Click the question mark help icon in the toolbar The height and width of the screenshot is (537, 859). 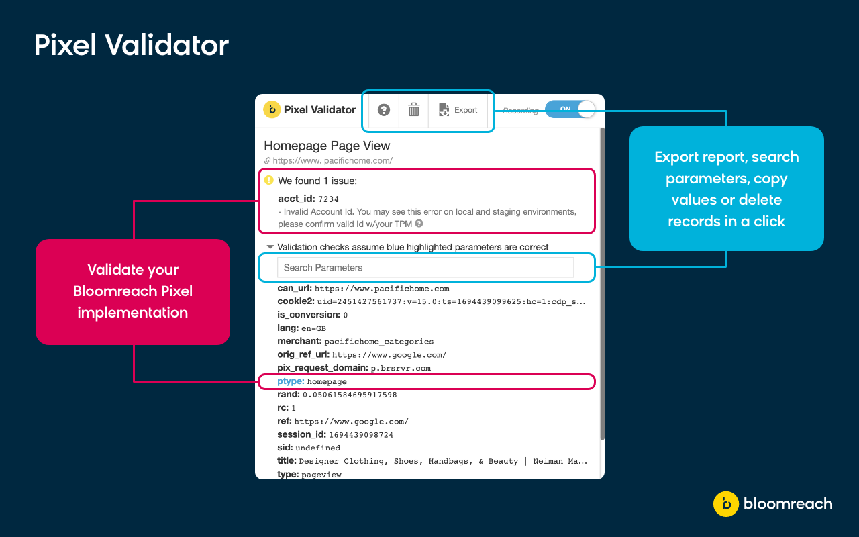tap(384, 110)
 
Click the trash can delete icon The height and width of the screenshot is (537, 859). tap(414, 110)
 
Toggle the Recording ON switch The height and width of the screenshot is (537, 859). tap(570, 109)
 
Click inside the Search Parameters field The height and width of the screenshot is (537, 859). tap(425, 267)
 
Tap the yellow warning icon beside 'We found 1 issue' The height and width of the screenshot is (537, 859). tap(269, 180)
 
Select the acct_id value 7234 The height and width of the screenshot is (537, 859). tap(328, 199)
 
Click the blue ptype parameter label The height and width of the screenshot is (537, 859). tap(291, 381)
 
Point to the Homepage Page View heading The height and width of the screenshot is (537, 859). tap(327, 146)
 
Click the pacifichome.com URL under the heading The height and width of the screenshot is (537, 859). tap(332, 161)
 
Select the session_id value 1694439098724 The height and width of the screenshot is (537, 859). tap(361, 435)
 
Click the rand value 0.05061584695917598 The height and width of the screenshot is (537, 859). tap(350, 395)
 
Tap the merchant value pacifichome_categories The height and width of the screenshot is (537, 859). tap(379, 342)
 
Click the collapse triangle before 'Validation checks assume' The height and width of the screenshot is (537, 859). tap(270, 247)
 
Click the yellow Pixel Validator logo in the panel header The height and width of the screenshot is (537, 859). tap(272, 109)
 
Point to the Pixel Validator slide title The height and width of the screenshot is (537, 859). tap(132, 45)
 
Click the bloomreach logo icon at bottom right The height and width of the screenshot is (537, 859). tap(725, 504)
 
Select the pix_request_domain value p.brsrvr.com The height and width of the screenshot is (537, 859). tap(401, 368)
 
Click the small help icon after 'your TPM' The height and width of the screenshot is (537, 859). tap(419, 224)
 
